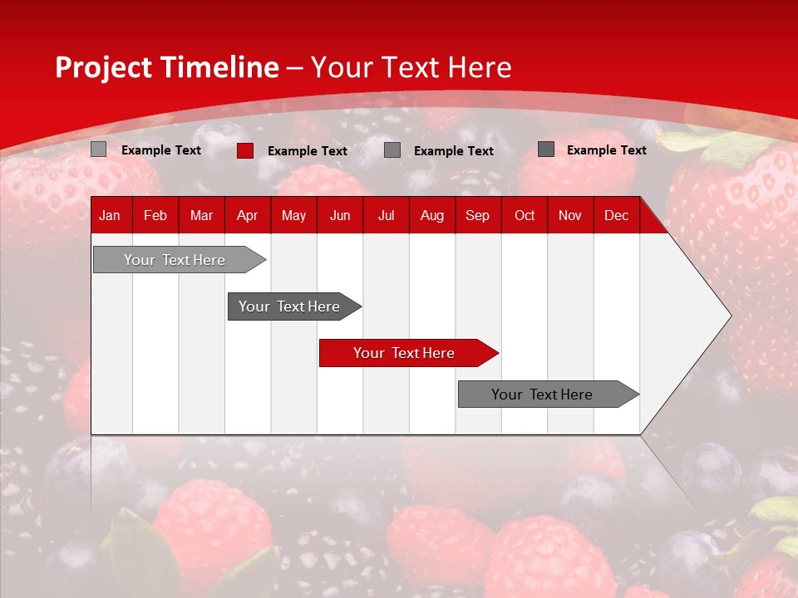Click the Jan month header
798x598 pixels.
click(x=110, y=215)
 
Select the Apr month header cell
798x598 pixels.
click(x=247, y=215)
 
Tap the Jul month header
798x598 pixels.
click(x=386, y=215)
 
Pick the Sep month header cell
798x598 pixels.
click(x=477, y=215)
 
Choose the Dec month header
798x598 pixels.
click(x=616, y=215)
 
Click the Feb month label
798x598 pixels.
click(x=155, y=215)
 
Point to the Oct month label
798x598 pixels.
click(x=525, y=215)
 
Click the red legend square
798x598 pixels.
click(x=244, y=150)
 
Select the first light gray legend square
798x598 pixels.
click(x=98, y=149)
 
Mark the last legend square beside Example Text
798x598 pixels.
click(x=545, y=149)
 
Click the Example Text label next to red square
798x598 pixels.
click(x=308, y=151)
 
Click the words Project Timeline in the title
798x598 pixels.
click(x=166, y=67)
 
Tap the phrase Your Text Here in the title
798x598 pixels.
click(x=411, y=67)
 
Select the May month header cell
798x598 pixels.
click(x=293, y=215)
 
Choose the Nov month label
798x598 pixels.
click(x=570, y=215)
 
